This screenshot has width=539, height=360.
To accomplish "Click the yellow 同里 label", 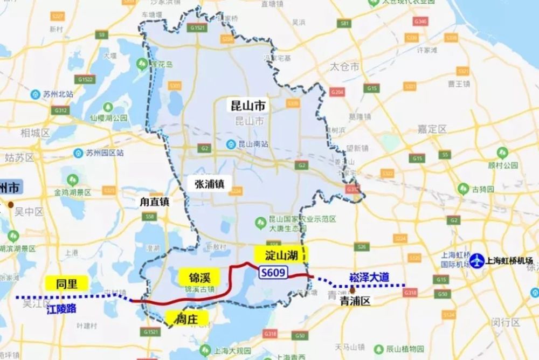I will pos(66,283).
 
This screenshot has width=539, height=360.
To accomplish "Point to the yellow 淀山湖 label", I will pos(282,255).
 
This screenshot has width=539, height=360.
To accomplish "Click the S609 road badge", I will pos(272,274).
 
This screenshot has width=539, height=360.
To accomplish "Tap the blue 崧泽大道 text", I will pos(369,277).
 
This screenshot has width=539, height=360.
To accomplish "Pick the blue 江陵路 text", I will pos(61,310).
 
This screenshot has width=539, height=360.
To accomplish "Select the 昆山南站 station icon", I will pos(231,144).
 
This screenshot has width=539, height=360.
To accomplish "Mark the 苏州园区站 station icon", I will pos(78,153).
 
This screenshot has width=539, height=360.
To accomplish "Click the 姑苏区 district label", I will pos(19,158).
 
